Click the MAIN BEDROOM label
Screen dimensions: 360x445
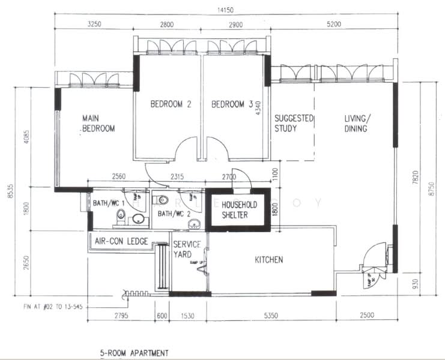pos(98,124)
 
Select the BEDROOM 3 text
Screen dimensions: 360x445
pos(228,104)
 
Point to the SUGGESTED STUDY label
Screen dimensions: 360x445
pos(294,123)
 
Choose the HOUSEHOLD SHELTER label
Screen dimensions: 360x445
pos(235,209)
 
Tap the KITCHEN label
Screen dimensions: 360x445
pos(268,260)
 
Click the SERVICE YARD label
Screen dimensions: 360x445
pos(186,250)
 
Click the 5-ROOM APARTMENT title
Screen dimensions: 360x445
pos(134,353)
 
